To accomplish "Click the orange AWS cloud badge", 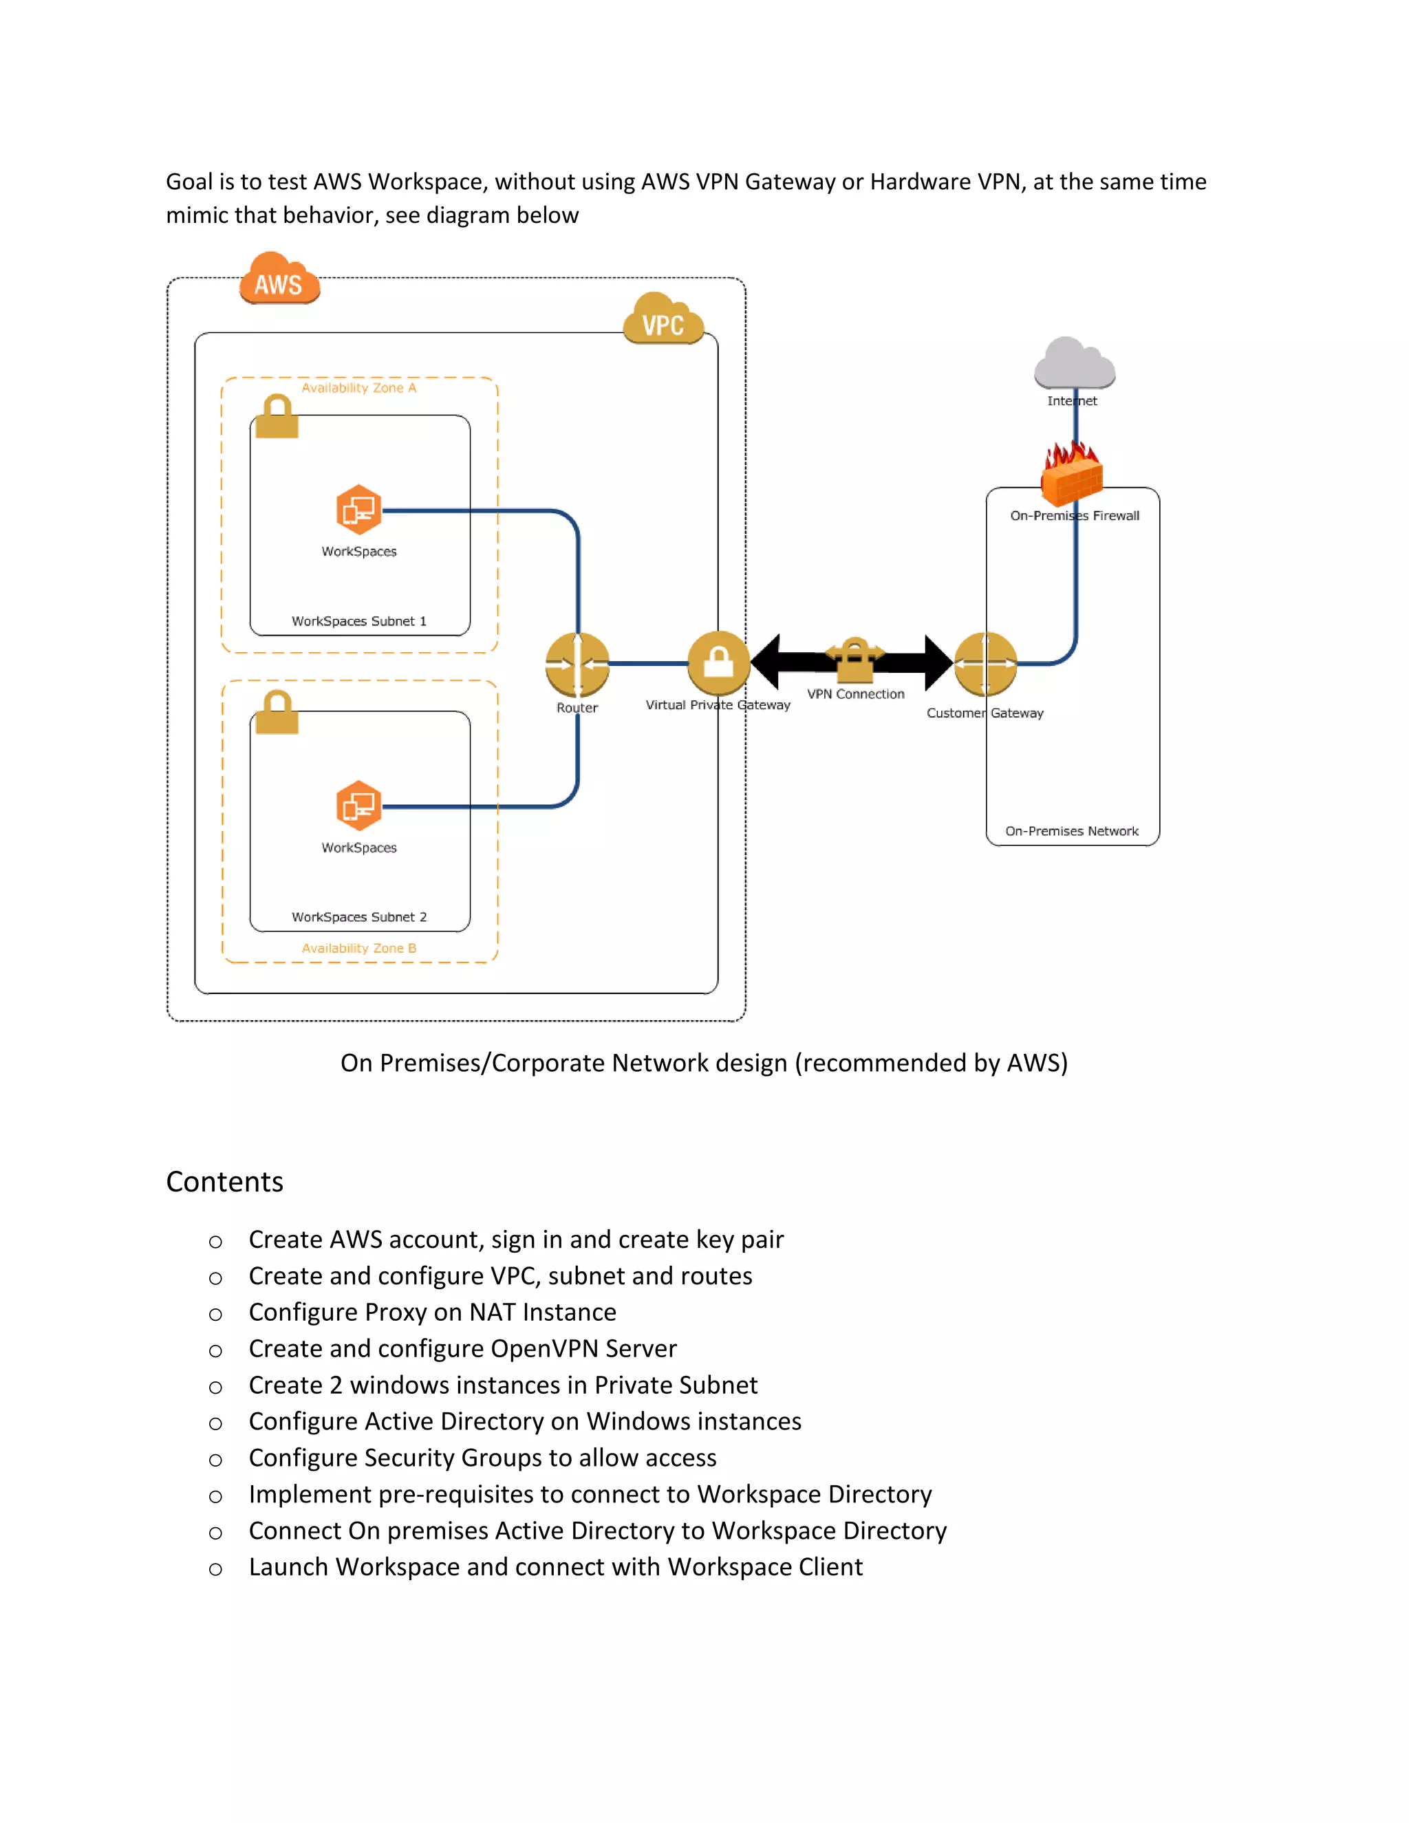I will click(x=279, y=281).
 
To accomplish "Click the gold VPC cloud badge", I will click(x=663, y=321).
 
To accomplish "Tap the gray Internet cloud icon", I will click(x=1074, y=364).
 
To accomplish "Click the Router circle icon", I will click(x=577, y=665).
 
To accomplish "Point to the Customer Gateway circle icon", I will click(x=985, y=665).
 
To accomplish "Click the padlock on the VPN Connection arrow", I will click(x=854, y=660).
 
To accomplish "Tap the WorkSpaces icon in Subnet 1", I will click(x=359, y=509).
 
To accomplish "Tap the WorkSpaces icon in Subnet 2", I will click(x=359, y=806).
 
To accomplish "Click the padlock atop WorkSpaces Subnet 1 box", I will click(x=277, y=416).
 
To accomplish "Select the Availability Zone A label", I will click(x=359, y=388).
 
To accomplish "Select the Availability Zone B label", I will click(x=359, y=948).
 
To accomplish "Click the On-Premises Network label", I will click(x=1072, y=832).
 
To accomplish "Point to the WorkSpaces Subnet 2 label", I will click(x=359, y=917).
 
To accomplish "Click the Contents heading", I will click(x=224, y=1182).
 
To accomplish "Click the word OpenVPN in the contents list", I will click(x=544, y=1349).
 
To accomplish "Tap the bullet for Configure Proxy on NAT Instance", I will click(x=215, y=1315).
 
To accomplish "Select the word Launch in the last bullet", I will click(x=288, y=1568).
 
